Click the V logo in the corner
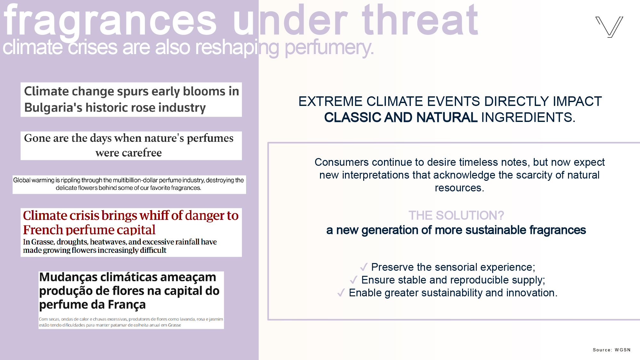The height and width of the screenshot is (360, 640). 609,27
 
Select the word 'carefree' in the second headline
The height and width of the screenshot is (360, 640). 128,153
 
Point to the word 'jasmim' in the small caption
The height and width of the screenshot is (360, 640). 216,319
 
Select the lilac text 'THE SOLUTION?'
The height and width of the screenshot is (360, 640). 456,215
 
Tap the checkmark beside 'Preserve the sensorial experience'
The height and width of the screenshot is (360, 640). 364,267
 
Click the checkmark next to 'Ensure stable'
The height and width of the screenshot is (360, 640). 354,280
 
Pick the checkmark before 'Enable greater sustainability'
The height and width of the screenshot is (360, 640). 341,292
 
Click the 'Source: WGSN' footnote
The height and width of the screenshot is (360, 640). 612,350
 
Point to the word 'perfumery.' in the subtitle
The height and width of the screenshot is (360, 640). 329,48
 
